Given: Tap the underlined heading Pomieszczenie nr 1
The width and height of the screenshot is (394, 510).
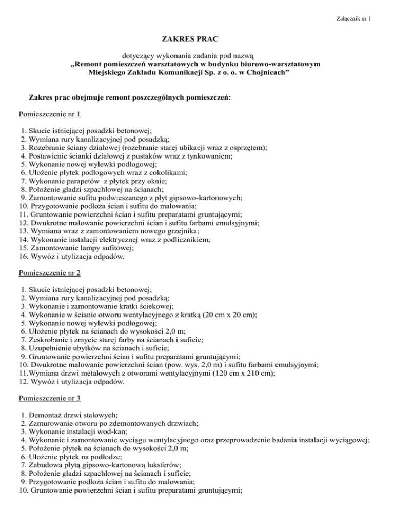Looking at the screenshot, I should tap(49, 113).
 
